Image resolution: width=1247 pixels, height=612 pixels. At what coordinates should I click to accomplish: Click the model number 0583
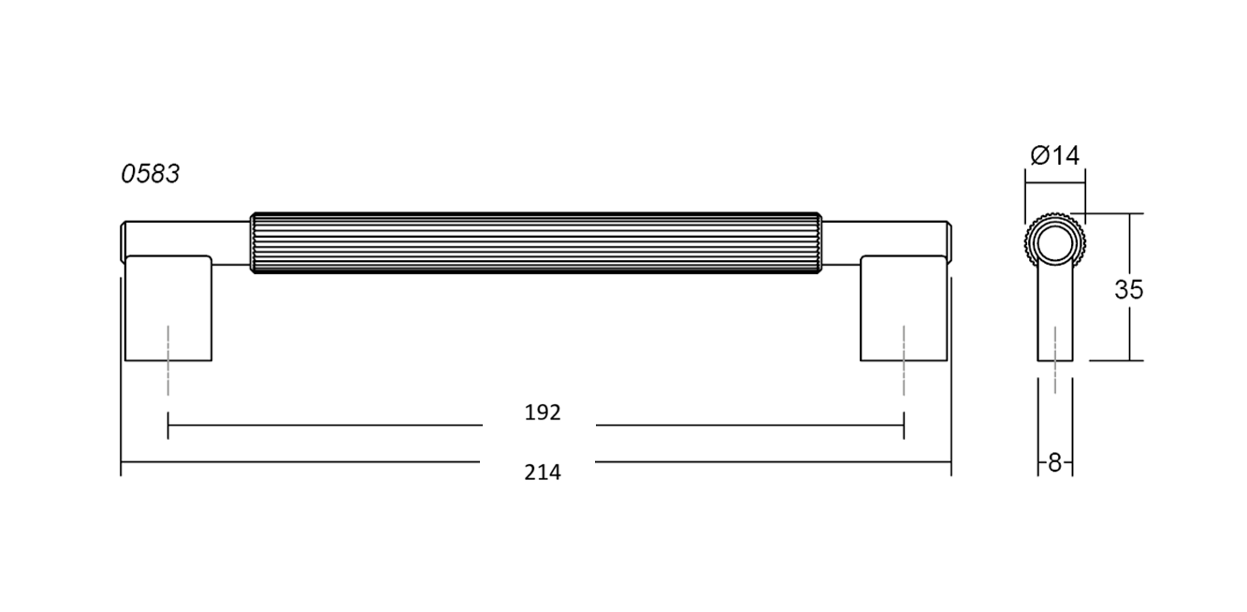click(151, 174)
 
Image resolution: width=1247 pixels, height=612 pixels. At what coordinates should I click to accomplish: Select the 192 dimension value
click(543, 413)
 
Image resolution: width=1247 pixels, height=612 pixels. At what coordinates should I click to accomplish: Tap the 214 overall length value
click(543, 473)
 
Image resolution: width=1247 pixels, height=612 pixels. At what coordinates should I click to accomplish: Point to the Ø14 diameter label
click(1054, 155)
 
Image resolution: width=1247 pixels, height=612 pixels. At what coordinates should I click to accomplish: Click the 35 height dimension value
click(1128, 289)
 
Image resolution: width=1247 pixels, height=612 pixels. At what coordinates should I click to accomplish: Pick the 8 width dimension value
click(1054, 463)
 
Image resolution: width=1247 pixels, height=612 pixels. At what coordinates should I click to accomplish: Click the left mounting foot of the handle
click(168, 308)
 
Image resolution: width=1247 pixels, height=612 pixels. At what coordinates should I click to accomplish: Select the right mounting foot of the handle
click(904, 308)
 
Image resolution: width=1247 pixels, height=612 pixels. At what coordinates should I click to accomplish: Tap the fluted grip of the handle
click(536, 242)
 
